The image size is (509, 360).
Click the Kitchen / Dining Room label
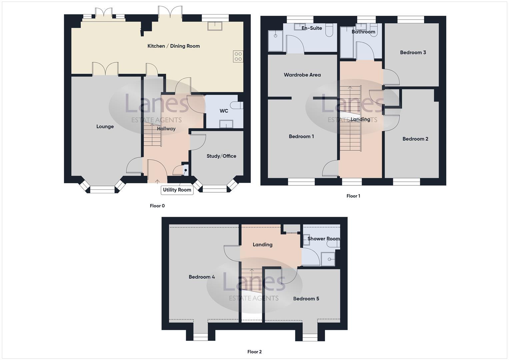tap(173, 46)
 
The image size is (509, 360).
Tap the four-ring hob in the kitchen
tap(238, 56)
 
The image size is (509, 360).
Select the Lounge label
tap(105, 126)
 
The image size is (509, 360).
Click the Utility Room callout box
tap(177, 190)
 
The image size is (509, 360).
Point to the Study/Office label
tap(221, 156)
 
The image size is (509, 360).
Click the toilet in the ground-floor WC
tap(239, 105)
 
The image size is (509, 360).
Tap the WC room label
tap(224, 111)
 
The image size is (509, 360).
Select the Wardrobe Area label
tap(302, 75)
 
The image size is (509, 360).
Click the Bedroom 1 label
tap(301, 136)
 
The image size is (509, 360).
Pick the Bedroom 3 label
tap(413, 52)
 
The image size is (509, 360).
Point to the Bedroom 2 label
tap(415, 139)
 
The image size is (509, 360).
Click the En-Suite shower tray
tap(276, 41)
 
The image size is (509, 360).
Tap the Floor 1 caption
tap(353, 196)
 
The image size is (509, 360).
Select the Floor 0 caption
tap(157, 206)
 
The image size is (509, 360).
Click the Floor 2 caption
tap(255, 352)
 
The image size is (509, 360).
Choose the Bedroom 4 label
tap(202, 277)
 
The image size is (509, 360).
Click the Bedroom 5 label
tap(306, 299)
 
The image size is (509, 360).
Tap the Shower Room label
tap(323, 239)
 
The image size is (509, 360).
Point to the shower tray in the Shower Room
tap(328, 259)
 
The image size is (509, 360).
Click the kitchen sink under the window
tap(215, 26)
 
